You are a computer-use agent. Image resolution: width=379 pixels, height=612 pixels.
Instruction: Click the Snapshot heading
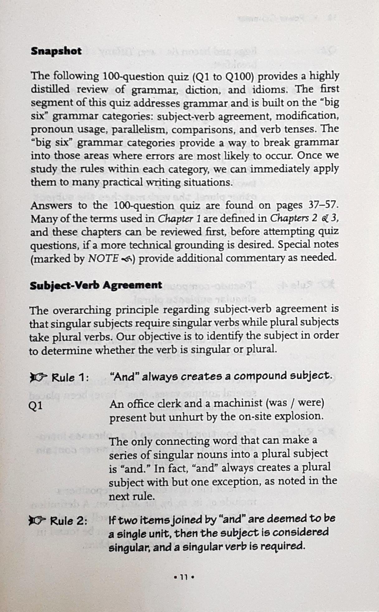click(56, 51)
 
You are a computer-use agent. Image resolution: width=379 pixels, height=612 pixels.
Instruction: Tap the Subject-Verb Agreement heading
click(96, 285)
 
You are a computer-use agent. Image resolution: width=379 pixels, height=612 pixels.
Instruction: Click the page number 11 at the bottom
click(184, 577)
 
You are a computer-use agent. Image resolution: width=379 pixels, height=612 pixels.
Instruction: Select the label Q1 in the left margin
click(36, 406)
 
